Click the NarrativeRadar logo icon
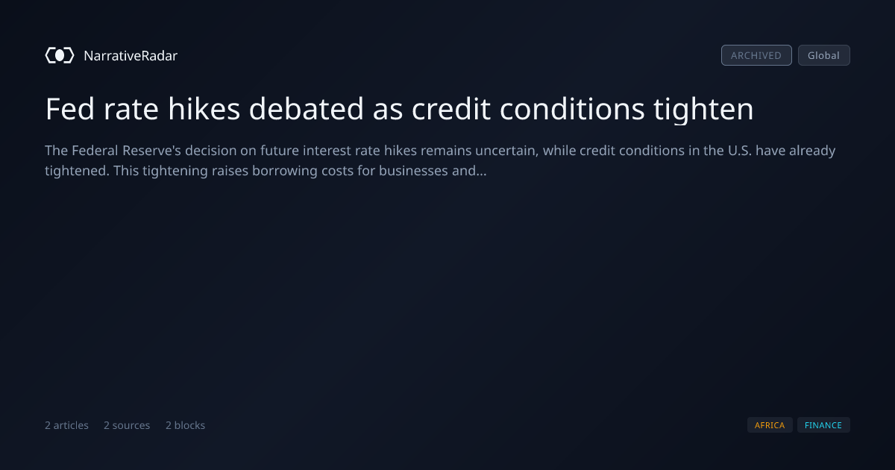coord(60,55)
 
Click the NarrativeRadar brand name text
coord(131,55)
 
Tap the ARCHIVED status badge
coord(756,55)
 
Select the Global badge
coord(824,55)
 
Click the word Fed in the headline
coord(70,109)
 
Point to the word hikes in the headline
coord(204,109)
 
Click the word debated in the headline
coord(306,109)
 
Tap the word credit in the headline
coord(450,109)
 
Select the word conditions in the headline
coord(572,109)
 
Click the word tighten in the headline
coord(703,110)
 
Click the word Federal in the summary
coord(95,151)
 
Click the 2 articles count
coord(66,425)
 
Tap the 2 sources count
coord(127,425)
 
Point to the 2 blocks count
coord(185,425)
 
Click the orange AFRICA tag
coord(770,425)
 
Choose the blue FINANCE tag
coord(823,425)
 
